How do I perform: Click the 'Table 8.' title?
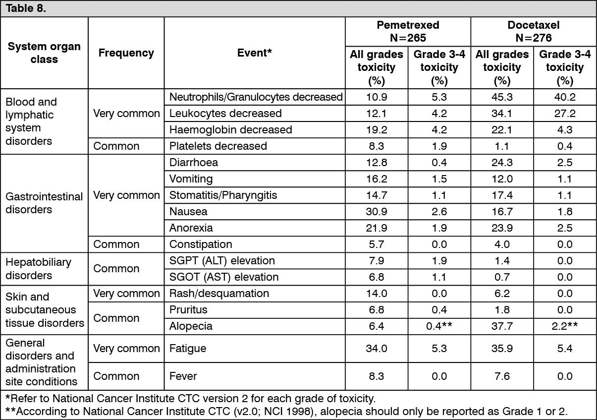[x=25, y=9]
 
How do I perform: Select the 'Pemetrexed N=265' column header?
[x=408, y=31]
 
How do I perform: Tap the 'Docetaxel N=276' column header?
[x=533, y=31]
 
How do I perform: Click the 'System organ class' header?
[x=44, y=53]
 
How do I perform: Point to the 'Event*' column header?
[x=255, y=53]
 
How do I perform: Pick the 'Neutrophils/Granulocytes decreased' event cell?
[x=256, y=97]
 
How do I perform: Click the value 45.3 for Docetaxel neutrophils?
[x=502, y=97]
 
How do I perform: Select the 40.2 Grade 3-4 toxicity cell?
[x=564, y=97]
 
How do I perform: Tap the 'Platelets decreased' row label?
[x=218, y=146]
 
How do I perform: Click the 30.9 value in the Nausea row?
[x=377, y=211]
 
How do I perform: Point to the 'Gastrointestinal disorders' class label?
[x=44, y=203]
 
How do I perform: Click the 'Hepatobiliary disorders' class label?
[x=39, y=268]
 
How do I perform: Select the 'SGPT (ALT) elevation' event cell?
[x=222, y=260]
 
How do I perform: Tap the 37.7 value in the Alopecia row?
[x=502, y=326]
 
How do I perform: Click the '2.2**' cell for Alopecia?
[x=564, y=326]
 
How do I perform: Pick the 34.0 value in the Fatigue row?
[x=377, y=349]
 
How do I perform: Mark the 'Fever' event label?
[x=183, y=376]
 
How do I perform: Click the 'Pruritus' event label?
[x=188, y=309]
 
